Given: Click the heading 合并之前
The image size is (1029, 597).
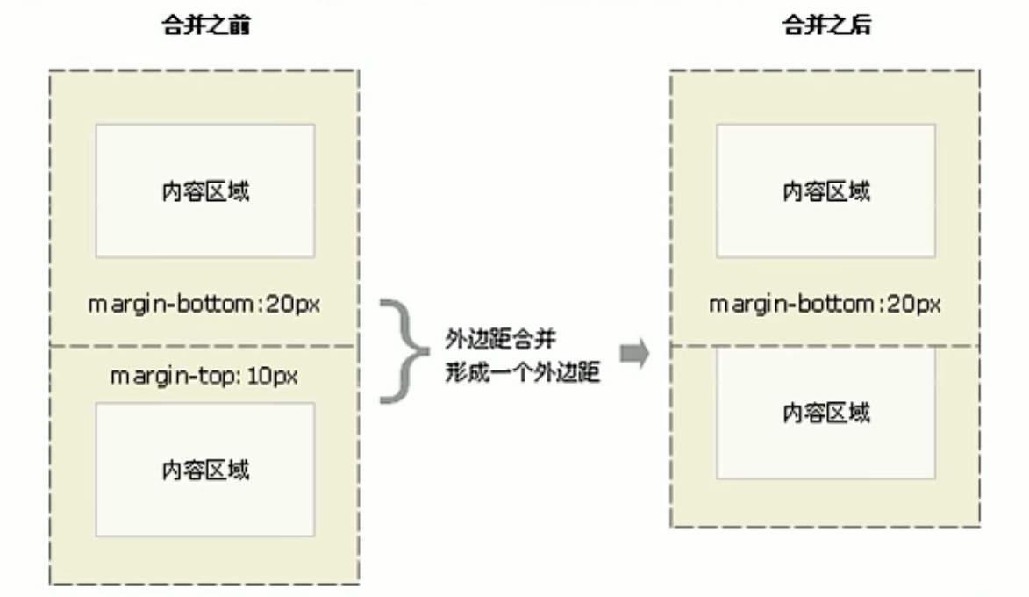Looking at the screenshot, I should [204, 26].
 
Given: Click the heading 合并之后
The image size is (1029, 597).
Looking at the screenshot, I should [825, 26].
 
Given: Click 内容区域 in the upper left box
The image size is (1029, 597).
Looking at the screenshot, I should [204, 191].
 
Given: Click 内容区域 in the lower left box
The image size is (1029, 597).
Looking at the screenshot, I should [204, 470].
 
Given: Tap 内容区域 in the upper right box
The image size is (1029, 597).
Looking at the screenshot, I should [825, 191].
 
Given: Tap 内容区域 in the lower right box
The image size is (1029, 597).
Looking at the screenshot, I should [825, 413].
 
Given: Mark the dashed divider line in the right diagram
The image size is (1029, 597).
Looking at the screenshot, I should [825, 346].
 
